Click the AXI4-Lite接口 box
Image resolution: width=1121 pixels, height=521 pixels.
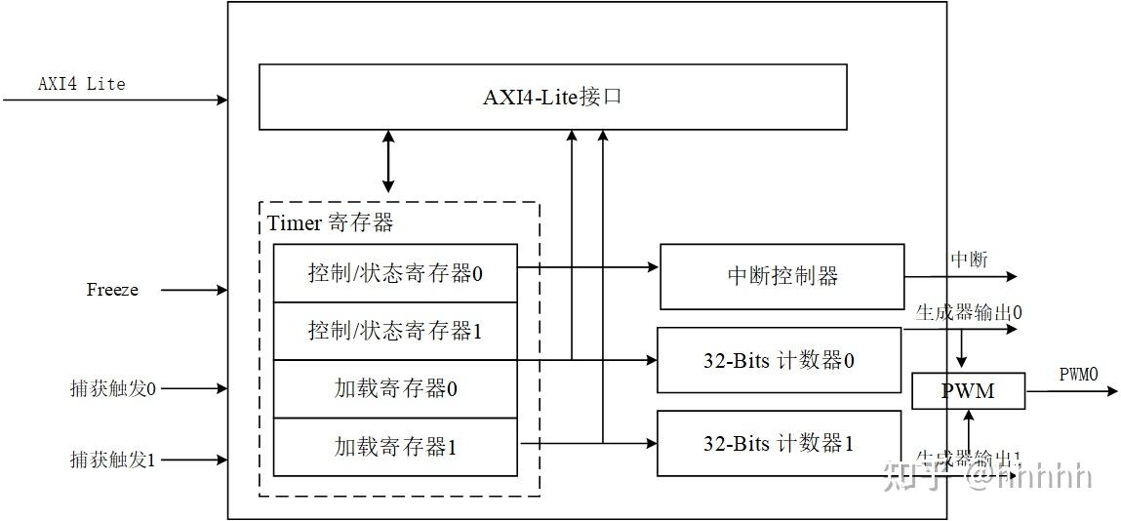pos(552,97)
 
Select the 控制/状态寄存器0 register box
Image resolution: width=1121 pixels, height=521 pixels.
pos(395,273)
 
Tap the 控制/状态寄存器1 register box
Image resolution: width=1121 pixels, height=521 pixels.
pos(395,331)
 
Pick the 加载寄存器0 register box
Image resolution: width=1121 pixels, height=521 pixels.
pos(395,388)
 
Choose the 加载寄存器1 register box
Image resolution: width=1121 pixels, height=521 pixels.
pos(395,447)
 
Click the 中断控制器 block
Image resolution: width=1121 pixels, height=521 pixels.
pos(782,276)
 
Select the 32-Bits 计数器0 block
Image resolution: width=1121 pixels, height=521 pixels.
pos(779,360)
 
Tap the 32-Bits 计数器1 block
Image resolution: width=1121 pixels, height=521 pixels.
pos(779,443)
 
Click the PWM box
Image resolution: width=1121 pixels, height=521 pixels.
pos(968,391)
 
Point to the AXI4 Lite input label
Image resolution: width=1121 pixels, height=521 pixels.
pos(82,84)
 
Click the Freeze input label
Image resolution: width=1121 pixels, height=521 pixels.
pos(112,290)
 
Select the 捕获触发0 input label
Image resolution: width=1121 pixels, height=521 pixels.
pos(112,388)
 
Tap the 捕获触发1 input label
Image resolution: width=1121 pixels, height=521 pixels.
pos(112,459)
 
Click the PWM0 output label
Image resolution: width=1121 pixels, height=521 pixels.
pos(1078,375)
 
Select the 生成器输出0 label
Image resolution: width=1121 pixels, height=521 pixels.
pos(968,313)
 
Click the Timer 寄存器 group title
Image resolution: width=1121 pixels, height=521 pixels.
pos(331,222)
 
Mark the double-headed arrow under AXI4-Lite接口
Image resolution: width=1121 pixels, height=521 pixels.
pos(388,161)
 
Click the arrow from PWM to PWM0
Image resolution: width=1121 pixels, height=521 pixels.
pos(1071,391)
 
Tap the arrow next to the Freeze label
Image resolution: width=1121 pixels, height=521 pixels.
pos(193,290)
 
